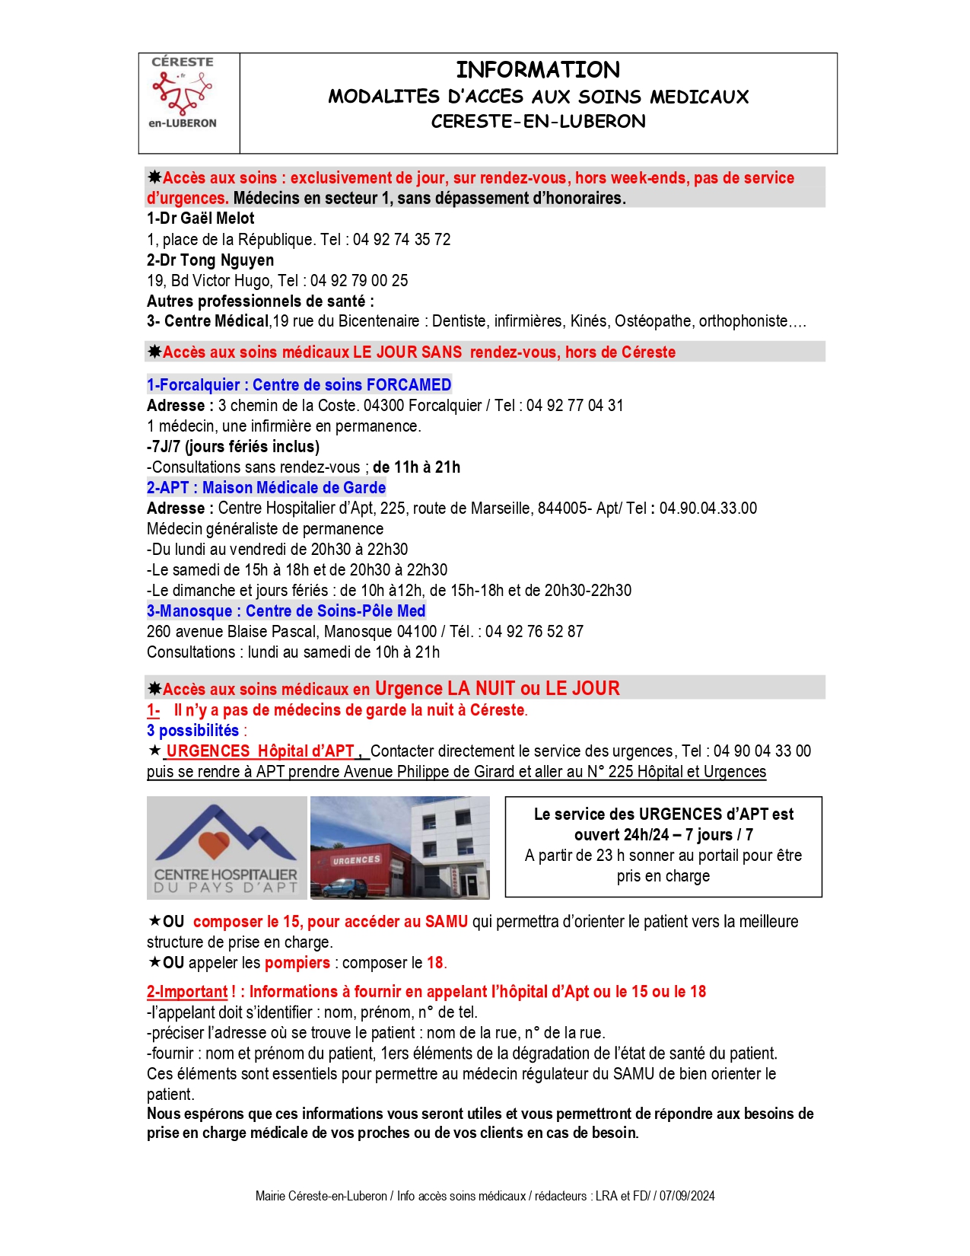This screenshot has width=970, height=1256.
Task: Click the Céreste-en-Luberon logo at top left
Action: pos(183,93)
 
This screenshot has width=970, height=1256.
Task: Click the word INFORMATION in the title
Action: pos(538,70)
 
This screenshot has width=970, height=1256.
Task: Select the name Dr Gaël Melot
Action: pos(201,218)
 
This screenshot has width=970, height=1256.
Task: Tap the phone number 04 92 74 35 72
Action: pos(402,240)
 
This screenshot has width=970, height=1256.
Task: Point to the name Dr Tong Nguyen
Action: pos(210,260)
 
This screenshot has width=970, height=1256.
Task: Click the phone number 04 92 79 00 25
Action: pos(359,281)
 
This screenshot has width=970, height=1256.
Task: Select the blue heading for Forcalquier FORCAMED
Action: pos(299,385)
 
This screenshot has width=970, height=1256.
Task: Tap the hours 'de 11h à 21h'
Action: pos(416,467)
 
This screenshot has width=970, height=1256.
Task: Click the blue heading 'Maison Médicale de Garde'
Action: pos(294,488)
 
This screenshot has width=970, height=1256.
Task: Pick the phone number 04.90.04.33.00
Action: pos(708,508)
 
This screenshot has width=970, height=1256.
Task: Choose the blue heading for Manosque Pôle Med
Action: pos(286,611)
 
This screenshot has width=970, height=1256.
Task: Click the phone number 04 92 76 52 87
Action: pos(535,632)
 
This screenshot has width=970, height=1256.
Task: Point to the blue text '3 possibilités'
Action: pos(193,731)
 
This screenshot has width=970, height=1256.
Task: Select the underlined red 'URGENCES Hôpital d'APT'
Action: pos(260,751)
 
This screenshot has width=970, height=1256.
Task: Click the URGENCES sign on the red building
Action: pos(356,860)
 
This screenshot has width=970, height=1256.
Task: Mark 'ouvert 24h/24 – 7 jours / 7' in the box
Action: pos(663,835)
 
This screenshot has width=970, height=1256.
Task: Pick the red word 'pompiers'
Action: pos(297,963)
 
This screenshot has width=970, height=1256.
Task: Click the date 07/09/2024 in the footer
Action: pos(687,1196)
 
